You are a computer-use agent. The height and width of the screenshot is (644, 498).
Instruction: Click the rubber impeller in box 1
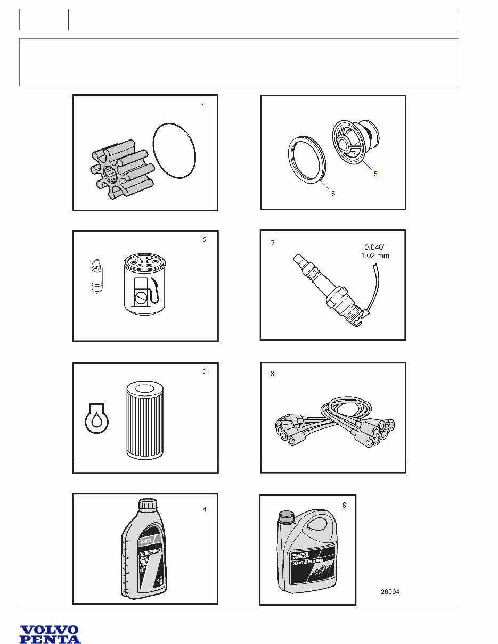[x=120, y=169]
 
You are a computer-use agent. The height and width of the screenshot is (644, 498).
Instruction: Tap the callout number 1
[x=202, y=106]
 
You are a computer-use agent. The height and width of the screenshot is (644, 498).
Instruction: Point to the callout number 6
[x=333, y=194]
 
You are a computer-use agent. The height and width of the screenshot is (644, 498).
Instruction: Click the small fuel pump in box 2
[x=96, y=277]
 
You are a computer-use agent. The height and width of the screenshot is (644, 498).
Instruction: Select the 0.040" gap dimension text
[x=376, y=247]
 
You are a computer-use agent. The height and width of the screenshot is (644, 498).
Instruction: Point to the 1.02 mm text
[x=376, y=255]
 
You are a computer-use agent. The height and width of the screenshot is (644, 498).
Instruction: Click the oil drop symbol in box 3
[x=97, y=419]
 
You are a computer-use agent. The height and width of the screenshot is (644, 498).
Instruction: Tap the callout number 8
[x=272, y=374]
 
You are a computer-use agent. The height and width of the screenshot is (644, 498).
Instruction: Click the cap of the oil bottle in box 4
[x=148, y=505]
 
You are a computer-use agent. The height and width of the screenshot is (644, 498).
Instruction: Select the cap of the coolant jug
[x=287, y=515]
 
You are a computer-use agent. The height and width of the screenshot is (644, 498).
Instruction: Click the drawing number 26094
[x=390, y=592]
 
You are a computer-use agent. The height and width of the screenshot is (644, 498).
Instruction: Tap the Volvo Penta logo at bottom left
[x=50, y=634]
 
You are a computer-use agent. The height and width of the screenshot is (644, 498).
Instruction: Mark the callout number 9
[x=345, y=505]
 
